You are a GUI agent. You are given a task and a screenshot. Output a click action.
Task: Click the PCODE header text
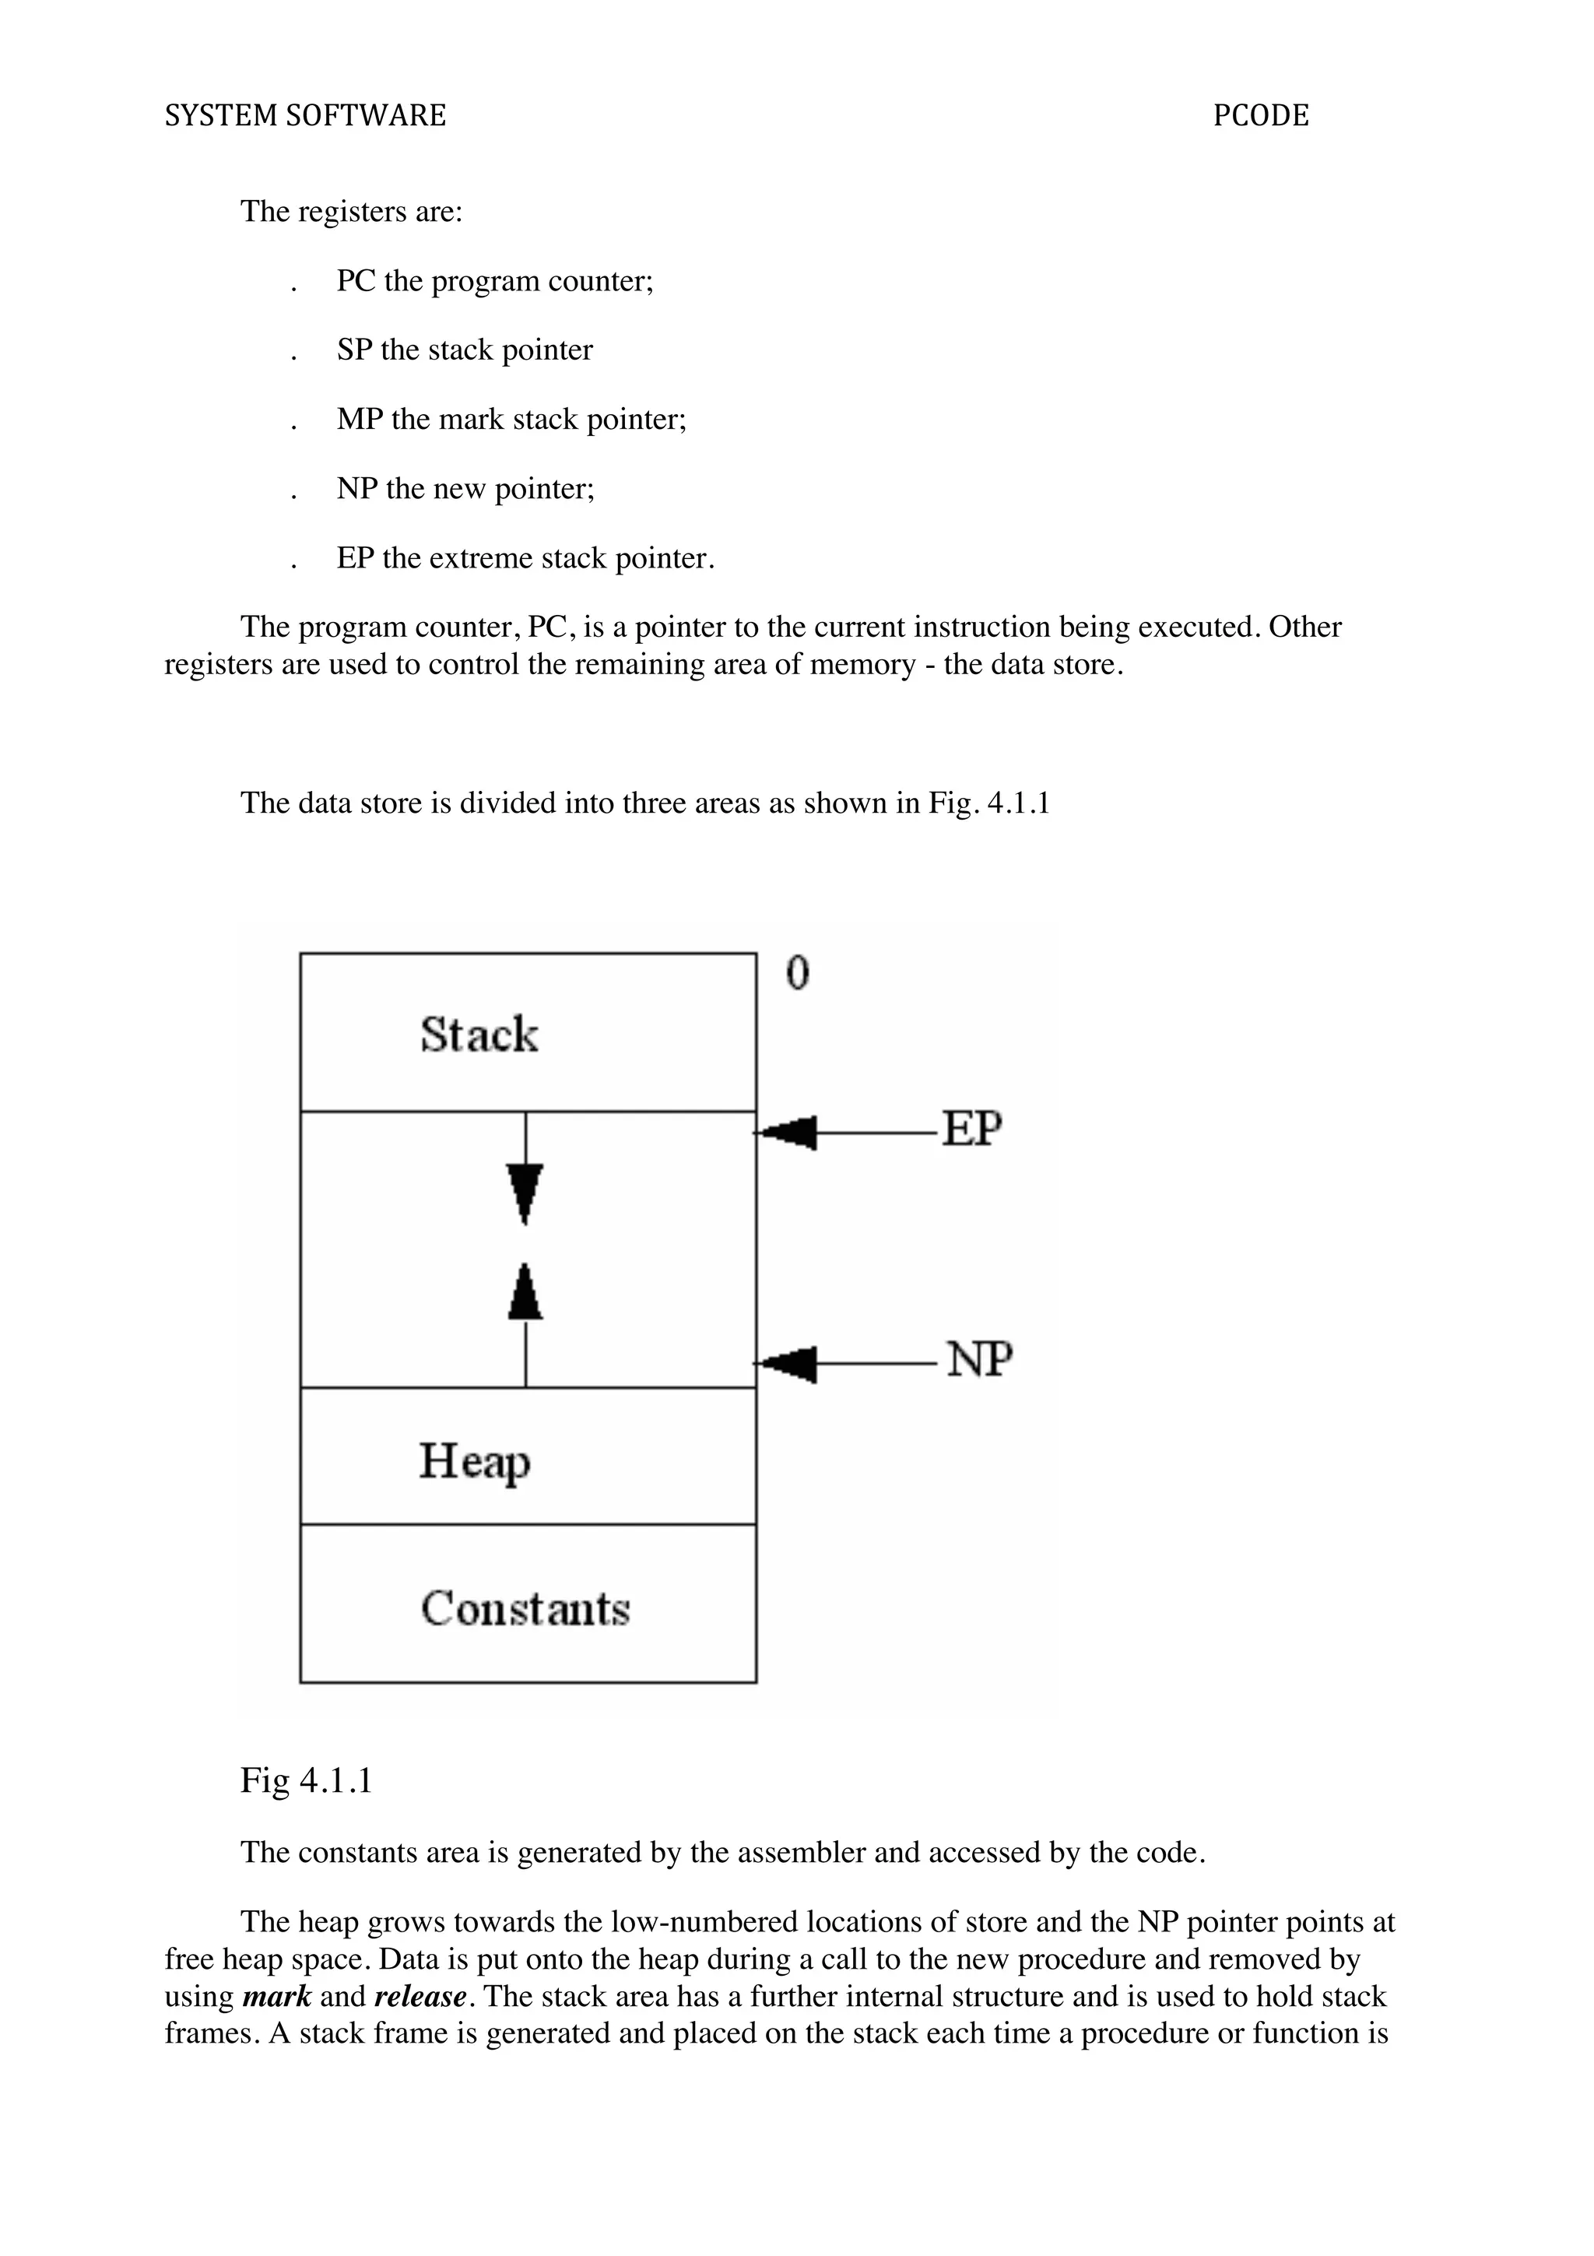[1260, 116]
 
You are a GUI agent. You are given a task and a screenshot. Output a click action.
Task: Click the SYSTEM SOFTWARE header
[304, 116]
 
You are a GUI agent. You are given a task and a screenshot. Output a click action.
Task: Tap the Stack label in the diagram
[479, 1035]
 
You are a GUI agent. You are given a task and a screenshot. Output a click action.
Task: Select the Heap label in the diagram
[474, 1461]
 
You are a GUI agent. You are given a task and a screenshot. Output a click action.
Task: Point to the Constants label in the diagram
[525, 1608]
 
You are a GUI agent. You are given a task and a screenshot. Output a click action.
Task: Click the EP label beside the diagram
[971, 1128]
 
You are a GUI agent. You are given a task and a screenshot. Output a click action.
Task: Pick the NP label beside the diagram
[979, 1360]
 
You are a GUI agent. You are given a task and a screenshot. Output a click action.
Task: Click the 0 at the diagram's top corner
[798, 973]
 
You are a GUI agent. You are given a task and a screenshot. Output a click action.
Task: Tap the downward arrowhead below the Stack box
[525, 1192]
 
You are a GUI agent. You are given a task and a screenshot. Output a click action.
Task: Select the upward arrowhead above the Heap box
[525, 1293]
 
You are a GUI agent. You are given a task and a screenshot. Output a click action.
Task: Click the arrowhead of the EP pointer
[788, 1133]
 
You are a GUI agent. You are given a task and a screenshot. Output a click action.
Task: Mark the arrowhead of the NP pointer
[788, 1364]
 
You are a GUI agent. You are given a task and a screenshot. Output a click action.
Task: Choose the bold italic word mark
[276, 1997]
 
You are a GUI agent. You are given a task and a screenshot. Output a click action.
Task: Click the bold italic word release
[420, 1997]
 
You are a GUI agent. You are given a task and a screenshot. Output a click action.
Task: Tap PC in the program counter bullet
[356, 281]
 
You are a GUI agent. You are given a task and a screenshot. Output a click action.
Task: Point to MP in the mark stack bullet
[360, 420]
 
